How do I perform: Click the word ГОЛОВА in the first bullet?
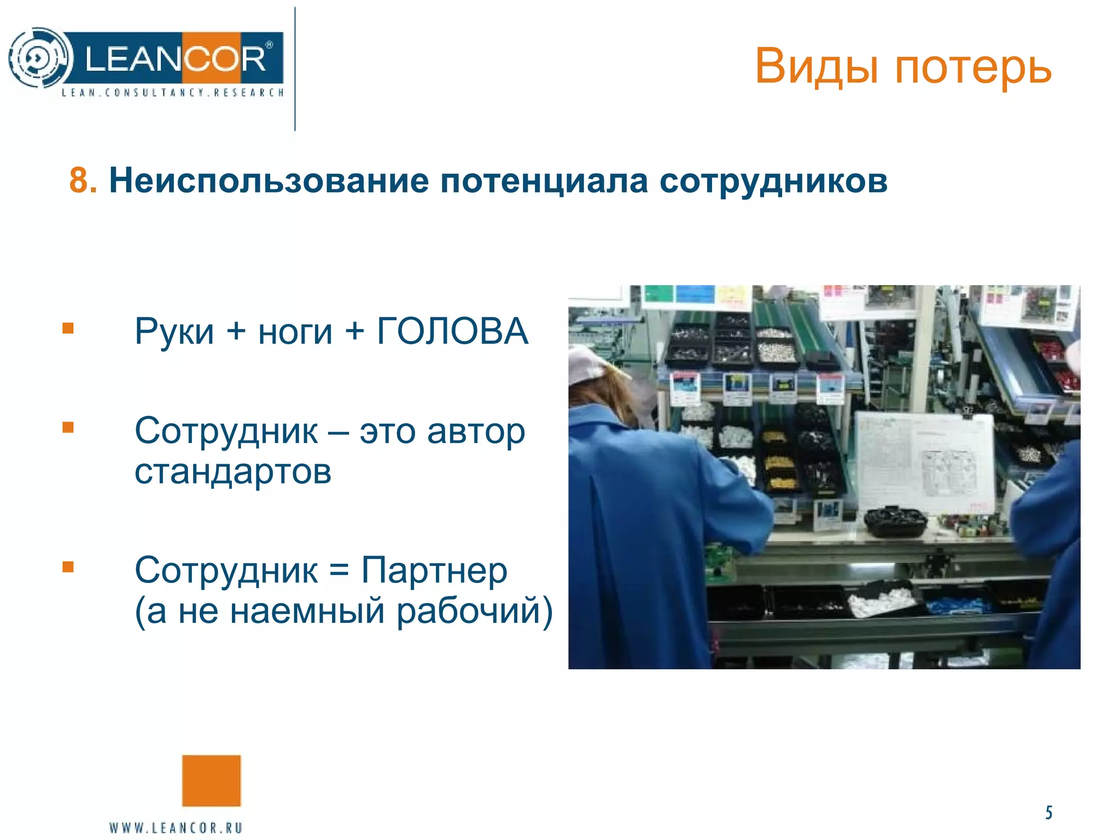452,331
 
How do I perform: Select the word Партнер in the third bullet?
435,570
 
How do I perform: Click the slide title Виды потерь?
903,67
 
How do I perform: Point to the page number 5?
1048,813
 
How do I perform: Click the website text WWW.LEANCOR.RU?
176,827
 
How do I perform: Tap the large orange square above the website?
211,780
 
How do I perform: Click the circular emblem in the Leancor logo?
40,58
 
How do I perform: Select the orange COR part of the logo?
224,58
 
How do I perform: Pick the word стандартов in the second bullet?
233,471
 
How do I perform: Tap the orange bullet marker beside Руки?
68,328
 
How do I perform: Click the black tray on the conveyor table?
895,521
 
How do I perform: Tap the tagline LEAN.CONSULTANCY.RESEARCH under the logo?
173,92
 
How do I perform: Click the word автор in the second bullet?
476,431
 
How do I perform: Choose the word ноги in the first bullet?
295,331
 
